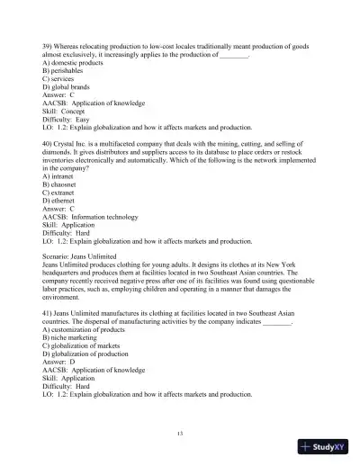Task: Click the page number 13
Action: (x=180, y=435)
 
